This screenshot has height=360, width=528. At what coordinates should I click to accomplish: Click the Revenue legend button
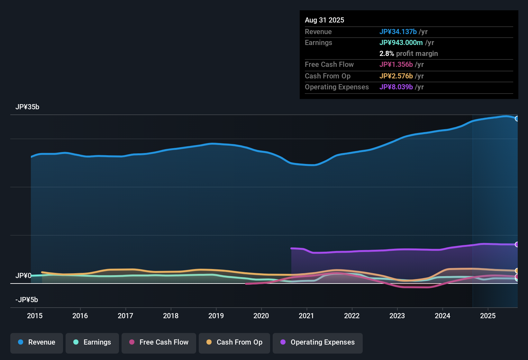tap(37, 342)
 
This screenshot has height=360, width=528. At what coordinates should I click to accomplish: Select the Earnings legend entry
tap(92, 342)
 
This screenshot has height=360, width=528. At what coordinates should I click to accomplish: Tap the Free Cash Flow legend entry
tap(159, 342)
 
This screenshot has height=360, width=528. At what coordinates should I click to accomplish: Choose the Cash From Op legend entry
tap(234, 342)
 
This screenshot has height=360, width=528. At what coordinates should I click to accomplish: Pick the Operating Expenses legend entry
tap(318, 342)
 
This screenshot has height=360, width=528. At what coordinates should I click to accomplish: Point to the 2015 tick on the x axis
tap(35, 316)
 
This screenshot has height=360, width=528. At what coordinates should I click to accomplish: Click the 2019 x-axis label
tap(216, 316)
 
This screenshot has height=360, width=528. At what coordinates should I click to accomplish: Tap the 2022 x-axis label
tap(352, 316)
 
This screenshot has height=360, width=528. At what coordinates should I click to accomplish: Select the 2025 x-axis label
tap(488, 316)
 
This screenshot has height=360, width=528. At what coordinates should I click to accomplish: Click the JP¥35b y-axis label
tap(27, 107)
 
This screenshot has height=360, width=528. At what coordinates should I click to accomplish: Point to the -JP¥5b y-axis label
tap(27, 300)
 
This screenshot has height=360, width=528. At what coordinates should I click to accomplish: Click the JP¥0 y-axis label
tap(23, 276)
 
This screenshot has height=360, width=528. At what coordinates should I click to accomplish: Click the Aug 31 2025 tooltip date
tap(324, 20)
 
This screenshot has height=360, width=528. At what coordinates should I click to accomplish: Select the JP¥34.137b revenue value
tap(398, 32)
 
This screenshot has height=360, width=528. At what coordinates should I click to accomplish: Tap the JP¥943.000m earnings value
tap(401, 43)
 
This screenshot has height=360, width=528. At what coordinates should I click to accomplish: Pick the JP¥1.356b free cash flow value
tap(396, 65)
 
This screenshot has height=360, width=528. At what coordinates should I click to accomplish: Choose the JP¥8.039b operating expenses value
tap(396, 87)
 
